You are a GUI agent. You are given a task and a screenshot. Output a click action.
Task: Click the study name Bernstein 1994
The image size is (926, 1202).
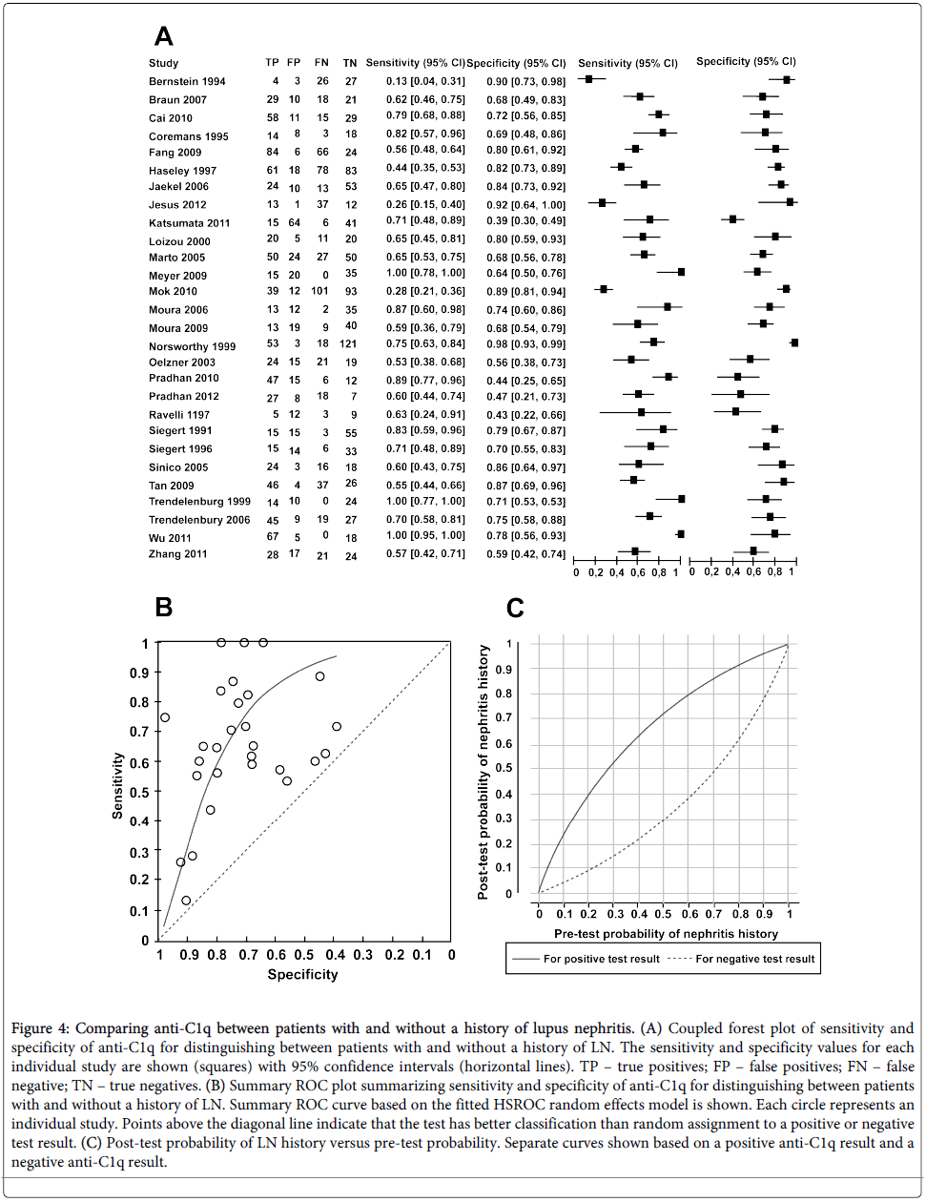click(187, 82)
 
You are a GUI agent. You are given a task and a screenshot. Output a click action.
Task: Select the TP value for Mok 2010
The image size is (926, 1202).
click(274, 291)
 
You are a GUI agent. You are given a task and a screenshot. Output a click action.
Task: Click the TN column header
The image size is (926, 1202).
click(350, 63)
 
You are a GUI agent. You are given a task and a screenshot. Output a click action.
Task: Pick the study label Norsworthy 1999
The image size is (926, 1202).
click(192, 347)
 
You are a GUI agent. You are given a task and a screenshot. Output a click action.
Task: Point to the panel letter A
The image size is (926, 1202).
click(164, 36)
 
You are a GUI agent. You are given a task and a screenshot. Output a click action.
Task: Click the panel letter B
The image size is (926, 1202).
click(164, 607)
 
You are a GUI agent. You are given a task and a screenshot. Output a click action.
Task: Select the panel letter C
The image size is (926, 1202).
click(515, 609)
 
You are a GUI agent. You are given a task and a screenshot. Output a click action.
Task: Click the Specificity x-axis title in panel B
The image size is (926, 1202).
click(302, 974)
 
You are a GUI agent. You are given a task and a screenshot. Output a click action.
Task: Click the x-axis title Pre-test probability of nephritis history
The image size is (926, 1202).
click(666, 934)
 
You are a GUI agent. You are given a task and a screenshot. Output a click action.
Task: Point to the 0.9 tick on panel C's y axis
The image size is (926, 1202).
click(508, 670)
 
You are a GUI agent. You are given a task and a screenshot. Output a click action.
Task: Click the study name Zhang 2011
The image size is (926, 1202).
click(177, 554)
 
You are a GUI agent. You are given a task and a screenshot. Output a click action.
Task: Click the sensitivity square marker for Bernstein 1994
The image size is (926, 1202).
click(589, 79)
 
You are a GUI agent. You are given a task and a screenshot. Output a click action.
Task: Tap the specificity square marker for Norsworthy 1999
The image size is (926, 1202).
click(794, 342)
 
